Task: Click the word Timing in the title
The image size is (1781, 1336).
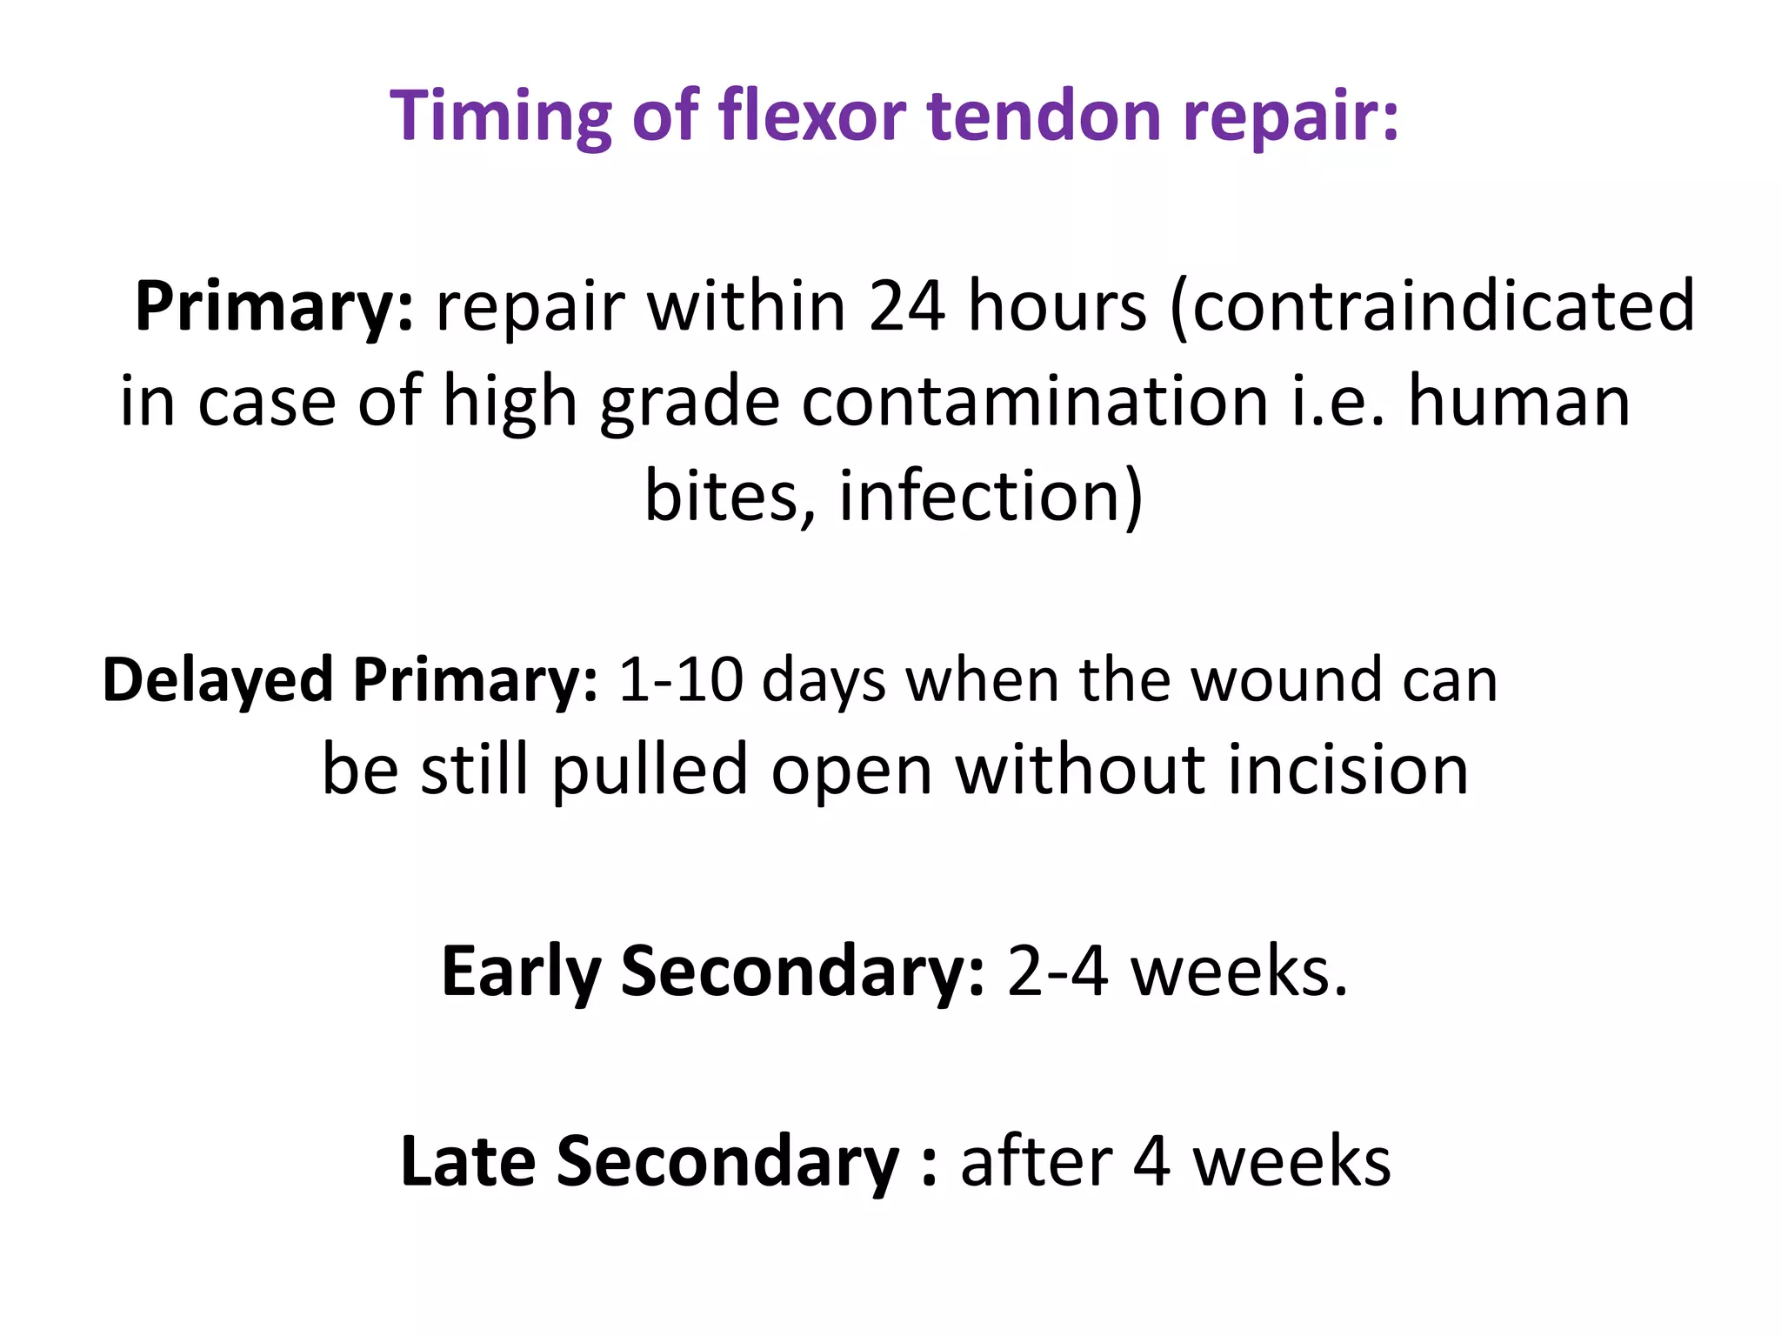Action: (x=500, y=117)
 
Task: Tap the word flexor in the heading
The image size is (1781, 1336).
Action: (x=812, y=115)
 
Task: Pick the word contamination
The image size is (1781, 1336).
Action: (x=1035, y=402)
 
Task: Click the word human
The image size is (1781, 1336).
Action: (x=1518, y=402)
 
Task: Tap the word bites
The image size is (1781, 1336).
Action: (x=730, y=496)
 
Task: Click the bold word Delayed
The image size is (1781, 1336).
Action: (x=217, y=680)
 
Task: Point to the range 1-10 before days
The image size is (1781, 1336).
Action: (x=681, y=680)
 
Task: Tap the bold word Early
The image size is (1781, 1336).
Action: (x=521, y=972)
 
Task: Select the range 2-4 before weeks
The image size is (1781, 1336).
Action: (x=1057, y=972)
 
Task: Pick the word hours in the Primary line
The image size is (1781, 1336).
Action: (x=1057, y=306)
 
